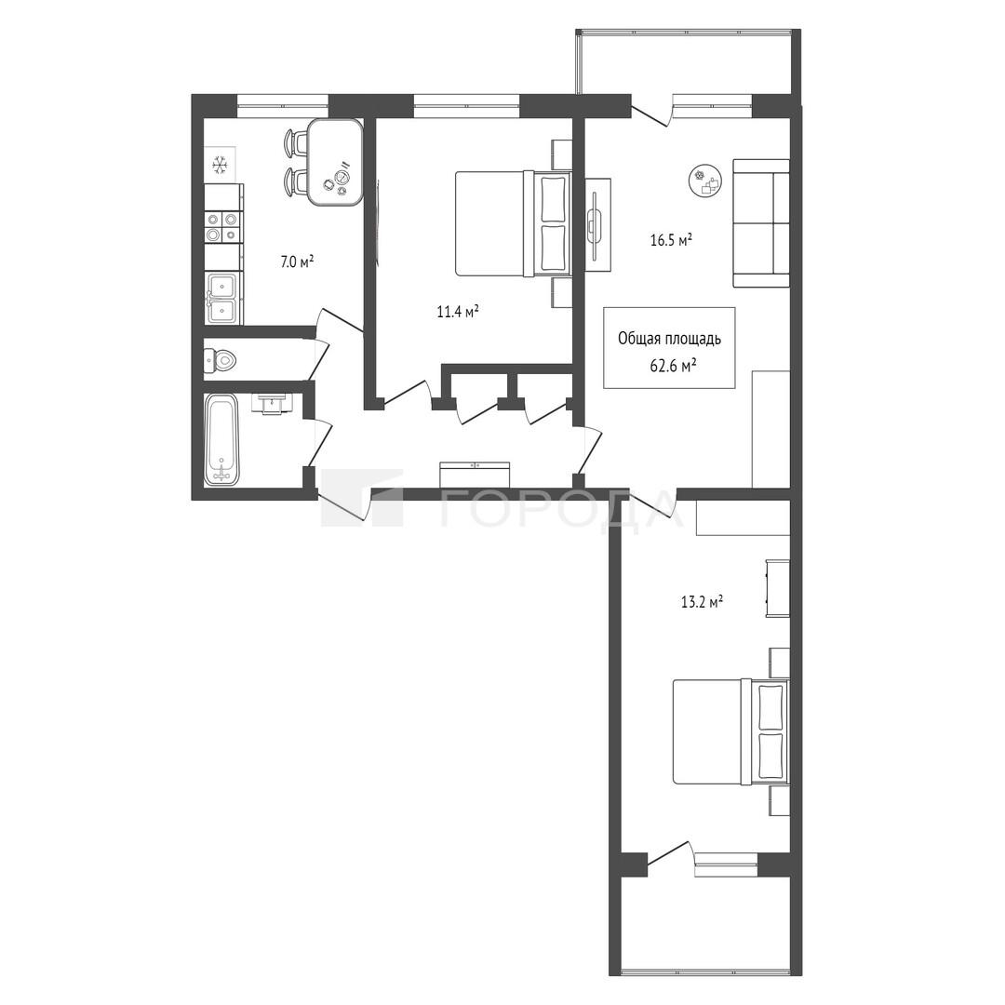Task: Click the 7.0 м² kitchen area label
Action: [x=297, y=261]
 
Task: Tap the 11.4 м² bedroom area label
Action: [x=458, y=312]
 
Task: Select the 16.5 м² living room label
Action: [x=671, y=241]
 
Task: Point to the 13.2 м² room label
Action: [x=702, y=602]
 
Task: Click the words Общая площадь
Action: [x=669, y=339]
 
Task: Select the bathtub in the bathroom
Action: [x=221, y=439]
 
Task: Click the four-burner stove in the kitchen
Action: [x=223, y=227]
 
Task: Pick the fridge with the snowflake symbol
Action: [x=221, y=166]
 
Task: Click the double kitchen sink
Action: [x=223, y=298]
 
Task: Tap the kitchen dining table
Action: [x=334, y=163]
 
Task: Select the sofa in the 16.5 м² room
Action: [x=761, y=223]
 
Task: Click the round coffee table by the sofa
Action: [x=706, y=181]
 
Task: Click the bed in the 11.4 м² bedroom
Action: [x=513, y=223]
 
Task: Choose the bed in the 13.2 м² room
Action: [x=730, y=732]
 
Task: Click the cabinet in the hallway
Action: [x=475, y=475]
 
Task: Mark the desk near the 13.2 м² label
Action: [x=777, y=588]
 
